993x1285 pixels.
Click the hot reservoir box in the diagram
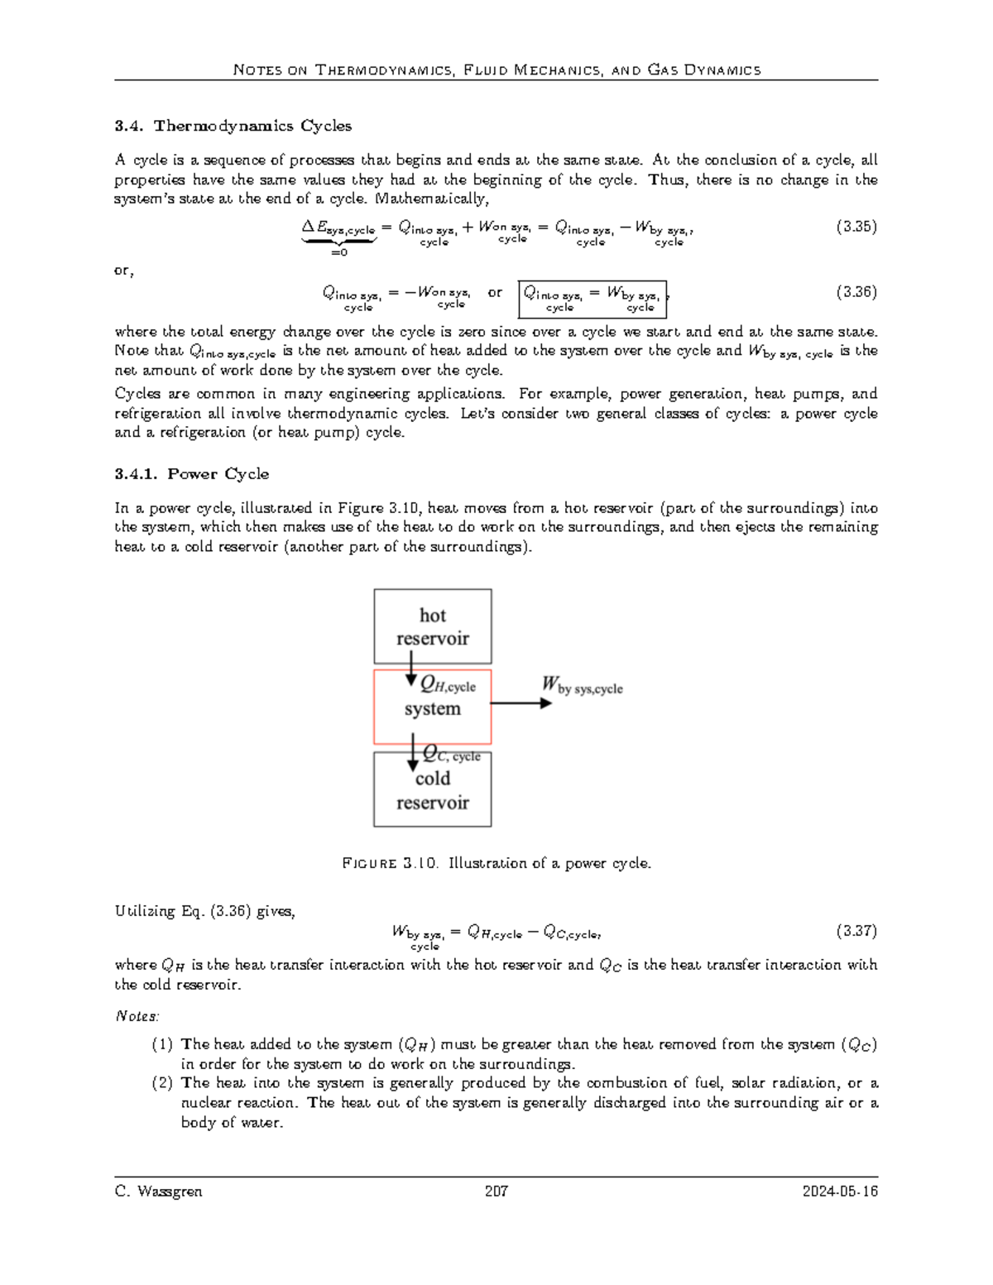(x=432, y=626)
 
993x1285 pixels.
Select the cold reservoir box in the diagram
(x=432, y=791)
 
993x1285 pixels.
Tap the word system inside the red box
(x=432, y=709)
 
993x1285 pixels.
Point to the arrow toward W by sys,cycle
(x=521, y=702)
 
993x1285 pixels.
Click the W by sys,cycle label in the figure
(x=582, y=685)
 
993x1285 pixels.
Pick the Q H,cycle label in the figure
(x=448, y=685)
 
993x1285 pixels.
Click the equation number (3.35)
(x=856, y=226)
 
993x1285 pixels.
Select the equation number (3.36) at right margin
(x=856, y=291)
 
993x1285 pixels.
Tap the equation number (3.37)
(x=856, y=931)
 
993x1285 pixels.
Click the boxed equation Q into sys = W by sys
(x=592, y=299)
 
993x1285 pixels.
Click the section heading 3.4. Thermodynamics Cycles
(x=233, y=126)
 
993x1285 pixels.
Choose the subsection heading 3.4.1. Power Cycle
(x=191, y=474)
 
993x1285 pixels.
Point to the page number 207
(x=496, y=1192)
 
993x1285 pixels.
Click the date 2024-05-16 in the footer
(x=840, y=1192)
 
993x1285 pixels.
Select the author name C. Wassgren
(x=158, y=1192)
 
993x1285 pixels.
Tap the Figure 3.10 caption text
(x=496, y=863)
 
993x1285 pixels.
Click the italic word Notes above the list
(x=137, y=1016)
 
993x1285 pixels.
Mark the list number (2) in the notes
(x=162, y=1083)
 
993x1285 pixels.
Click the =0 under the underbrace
(x=338, y=252)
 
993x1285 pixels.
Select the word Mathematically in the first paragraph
(x=432, y=199)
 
